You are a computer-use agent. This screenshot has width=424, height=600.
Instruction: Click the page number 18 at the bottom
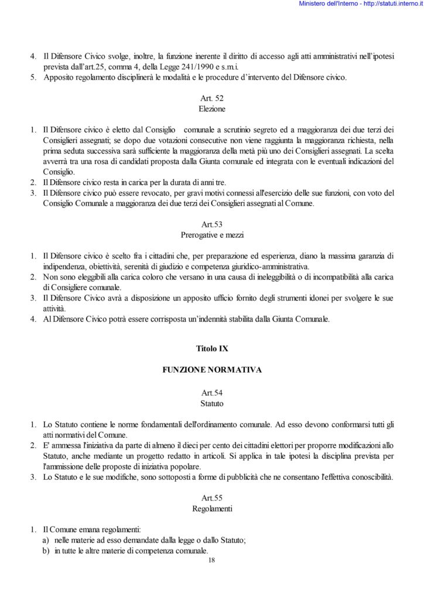[212, 561]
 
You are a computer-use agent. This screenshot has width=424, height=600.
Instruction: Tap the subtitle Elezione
[212, 109]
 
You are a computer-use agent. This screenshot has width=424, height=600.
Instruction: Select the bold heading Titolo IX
[212, 348]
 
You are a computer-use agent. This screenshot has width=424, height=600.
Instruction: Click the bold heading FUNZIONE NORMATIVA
[212, 370]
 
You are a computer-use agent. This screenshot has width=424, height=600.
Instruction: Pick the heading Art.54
[212, 393]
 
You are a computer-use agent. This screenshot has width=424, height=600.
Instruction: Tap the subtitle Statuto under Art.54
[212, 403]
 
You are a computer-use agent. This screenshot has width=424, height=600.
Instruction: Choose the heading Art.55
[212, 497]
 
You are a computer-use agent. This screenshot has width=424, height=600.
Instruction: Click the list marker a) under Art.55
[45, 540]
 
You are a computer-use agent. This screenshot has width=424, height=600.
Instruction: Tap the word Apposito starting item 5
[59, 77]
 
